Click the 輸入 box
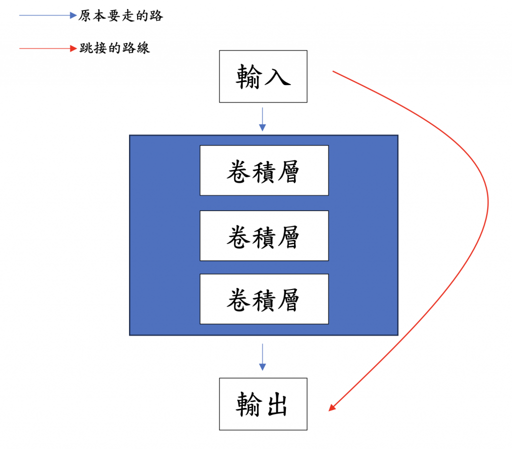(263, 76)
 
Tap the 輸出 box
(263, 404)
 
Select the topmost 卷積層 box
(264, 170)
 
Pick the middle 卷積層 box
(264, 235)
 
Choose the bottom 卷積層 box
(264, 299)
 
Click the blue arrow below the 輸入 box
(262, 119)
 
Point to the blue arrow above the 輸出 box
(262, 357)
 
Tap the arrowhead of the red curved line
(332, 407)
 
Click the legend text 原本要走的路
(121, 16)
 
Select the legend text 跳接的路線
(114, 48)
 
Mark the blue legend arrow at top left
(47, 15)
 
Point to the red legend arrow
(47, 48)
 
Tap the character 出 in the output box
(277, 404)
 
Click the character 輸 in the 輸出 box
(249, 404)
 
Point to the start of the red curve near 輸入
(334, 71)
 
